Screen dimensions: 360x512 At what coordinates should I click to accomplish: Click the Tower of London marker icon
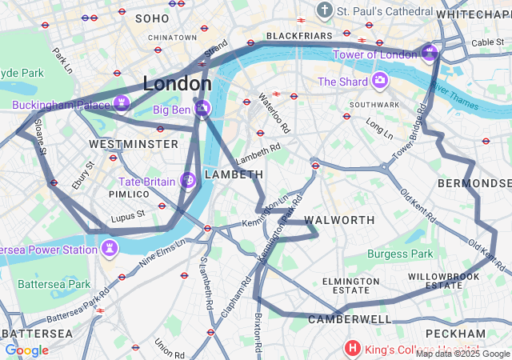tap(430, 54)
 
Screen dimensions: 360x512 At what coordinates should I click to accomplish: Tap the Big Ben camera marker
tap(203, 108)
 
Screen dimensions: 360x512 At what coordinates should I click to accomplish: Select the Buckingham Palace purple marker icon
tap(121, 102)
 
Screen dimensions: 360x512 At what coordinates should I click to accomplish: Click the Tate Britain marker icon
tap(189, 180)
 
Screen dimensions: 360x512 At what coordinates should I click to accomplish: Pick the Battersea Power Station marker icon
tap(108, 249)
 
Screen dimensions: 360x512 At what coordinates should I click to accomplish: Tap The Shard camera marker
tap(379, 81)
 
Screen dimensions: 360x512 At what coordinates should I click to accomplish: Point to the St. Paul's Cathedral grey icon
tap(324, 10)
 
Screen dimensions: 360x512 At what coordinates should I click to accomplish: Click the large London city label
tap(177, 83)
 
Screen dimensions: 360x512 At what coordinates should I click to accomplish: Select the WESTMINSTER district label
tap(134, 144)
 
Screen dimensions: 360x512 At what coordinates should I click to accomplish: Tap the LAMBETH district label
tap(234, 174)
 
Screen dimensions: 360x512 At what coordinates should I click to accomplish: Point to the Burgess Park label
tap(400, 254)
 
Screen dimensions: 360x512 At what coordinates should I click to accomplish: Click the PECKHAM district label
tap(455, 333)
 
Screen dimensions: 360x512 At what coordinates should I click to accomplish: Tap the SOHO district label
tap(152, 18)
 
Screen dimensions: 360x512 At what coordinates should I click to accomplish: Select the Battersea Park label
tap(54, 284)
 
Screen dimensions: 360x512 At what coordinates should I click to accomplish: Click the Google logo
tap(26, 350)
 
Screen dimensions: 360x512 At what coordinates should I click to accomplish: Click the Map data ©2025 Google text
tap(462, 354)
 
